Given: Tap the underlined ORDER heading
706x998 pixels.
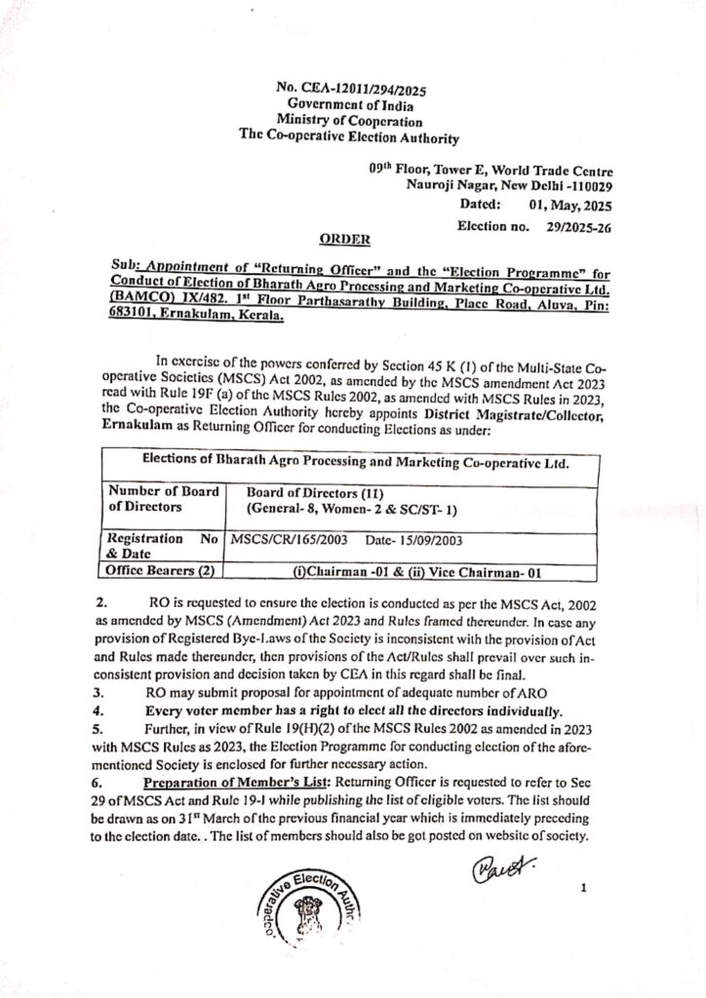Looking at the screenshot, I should pos(347,239).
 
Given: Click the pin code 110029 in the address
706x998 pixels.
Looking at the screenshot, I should pos(586,184).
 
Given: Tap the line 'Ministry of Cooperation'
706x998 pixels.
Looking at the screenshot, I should pos(347,121).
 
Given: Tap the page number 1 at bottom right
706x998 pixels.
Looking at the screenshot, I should pos(581,888).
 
